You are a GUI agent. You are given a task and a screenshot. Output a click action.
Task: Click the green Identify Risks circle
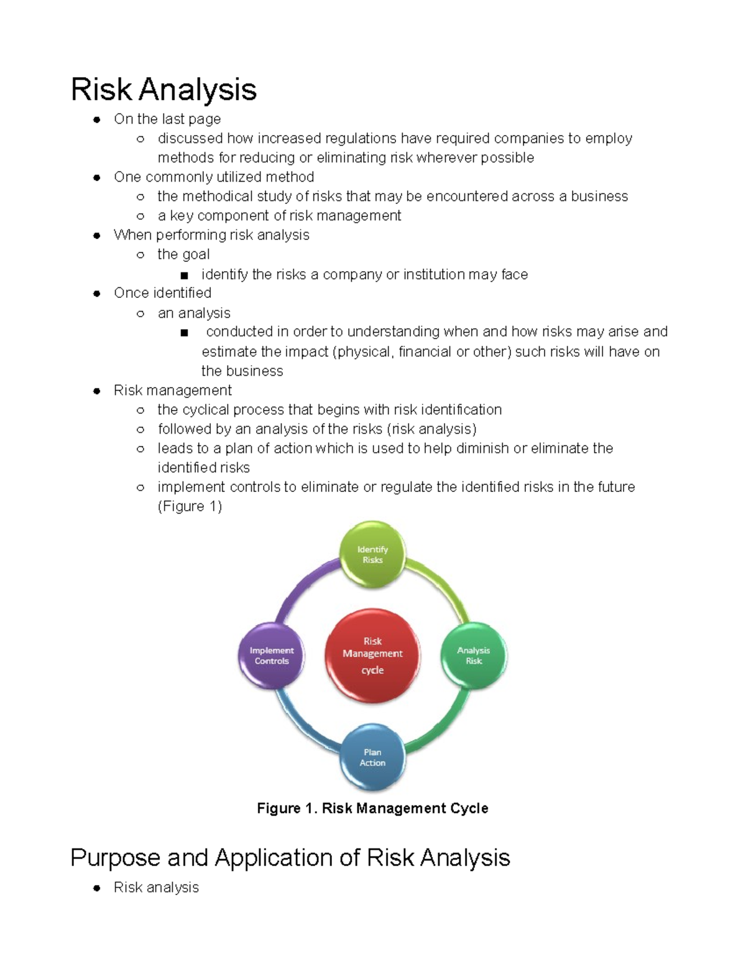(372, 554)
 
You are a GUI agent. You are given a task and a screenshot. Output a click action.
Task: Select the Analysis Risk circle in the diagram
(474, 656)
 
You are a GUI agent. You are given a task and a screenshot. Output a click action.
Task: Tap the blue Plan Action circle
(372, 757)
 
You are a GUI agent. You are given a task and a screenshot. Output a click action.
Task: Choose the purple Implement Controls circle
(272, 656)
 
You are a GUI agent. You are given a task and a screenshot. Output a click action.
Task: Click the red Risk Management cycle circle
(372, 656)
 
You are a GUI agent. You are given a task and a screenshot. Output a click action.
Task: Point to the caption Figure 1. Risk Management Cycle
(372, 808)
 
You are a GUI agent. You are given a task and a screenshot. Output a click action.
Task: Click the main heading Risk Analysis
(163, 89)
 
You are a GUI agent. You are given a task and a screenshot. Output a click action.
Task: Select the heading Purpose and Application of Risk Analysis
(290, 857)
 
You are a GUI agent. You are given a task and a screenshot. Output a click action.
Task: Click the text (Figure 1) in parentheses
(190, 506)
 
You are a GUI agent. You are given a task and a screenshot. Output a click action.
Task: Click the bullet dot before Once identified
(96, 294)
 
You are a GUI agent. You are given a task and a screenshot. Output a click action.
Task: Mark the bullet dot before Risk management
(96, 391)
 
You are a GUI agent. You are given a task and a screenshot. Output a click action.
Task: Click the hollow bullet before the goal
(140, 255)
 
